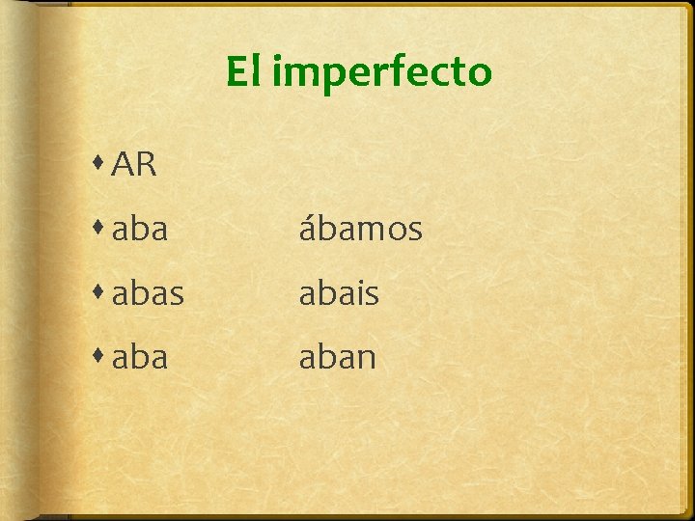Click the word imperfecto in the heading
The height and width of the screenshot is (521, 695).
(381, 73)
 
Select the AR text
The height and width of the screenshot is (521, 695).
(134, 165)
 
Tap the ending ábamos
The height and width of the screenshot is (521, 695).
(360, 229)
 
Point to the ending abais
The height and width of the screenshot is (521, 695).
(338, 293)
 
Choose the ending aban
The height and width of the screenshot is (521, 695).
(337, 357)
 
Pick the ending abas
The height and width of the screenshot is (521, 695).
(148, 293)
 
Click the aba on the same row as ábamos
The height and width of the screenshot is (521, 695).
(140, 229)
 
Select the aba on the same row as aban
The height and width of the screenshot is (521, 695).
(140, 357)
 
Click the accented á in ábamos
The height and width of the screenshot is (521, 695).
(308, 229)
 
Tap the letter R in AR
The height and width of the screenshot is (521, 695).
(146, 165)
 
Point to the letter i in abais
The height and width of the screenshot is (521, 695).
(359, 293)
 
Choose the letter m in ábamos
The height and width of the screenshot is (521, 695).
(366, 231)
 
